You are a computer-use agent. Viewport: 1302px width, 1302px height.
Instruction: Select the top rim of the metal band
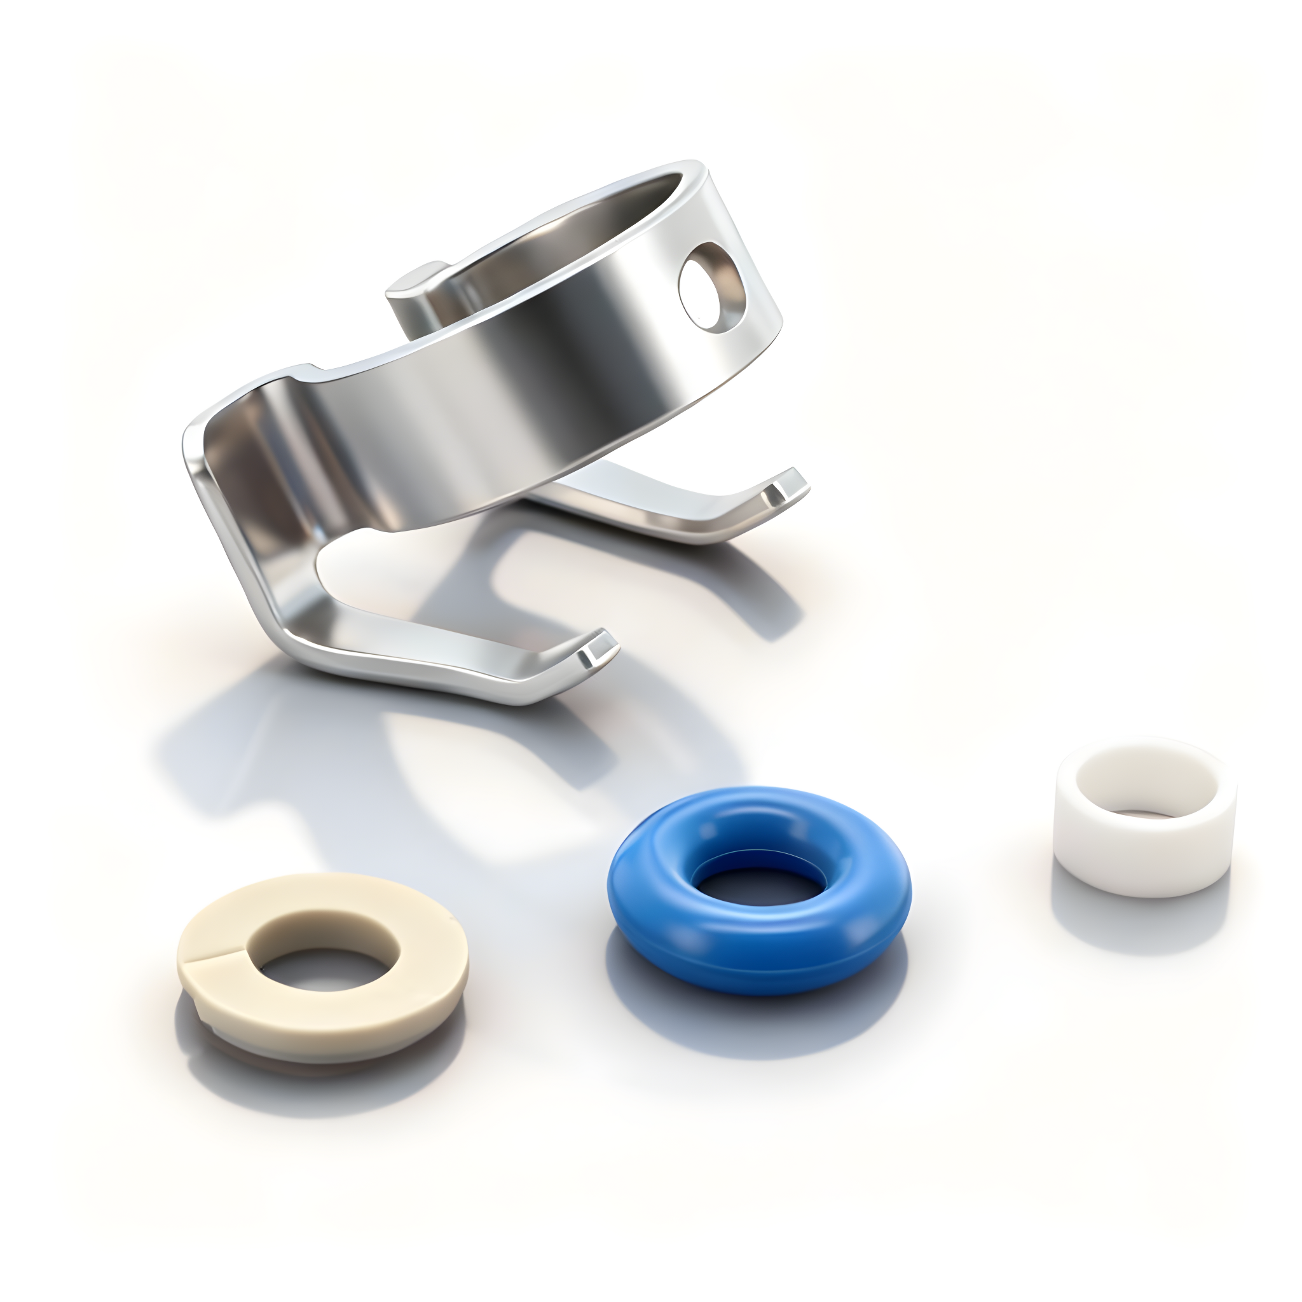click(539, 223)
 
